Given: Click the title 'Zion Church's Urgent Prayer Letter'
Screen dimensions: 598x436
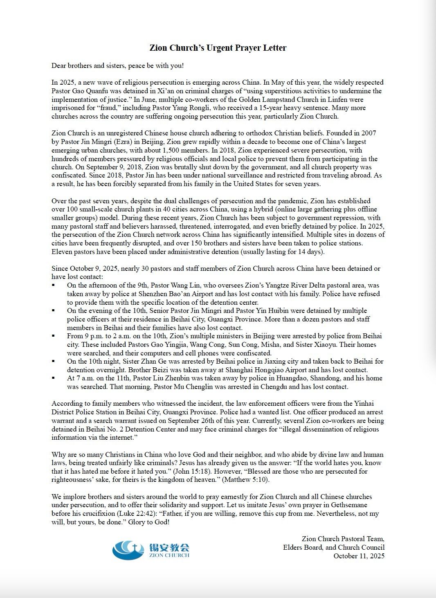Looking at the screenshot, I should point(218,48).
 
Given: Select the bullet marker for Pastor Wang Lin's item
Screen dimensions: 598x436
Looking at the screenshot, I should point(54,286).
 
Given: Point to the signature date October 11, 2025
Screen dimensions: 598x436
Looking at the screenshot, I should point(359,556).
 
